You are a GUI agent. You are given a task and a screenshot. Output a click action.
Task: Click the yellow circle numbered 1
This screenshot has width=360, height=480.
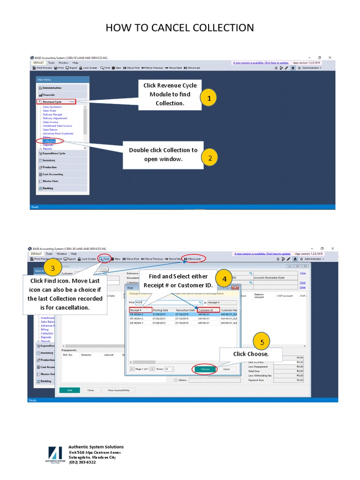tap(209, 97)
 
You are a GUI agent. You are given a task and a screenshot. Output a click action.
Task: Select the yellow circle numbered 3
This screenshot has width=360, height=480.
tap(53, 268)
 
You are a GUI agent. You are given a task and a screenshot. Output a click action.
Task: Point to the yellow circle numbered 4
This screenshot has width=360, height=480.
tap(225, 278)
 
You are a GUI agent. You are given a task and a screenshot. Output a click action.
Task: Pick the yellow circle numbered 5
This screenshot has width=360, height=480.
tap(262, 342)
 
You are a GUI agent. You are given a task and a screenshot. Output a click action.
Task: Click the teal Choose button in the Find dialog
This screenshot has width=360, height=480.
tap(205, 369)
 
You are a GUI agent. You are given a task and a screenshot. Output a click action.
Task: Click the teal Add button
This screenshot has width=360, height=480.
tap(69, 390)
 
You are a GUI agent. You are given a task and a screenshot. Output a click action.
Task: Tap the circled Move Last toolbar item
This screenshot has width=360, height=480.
tap(193, 259)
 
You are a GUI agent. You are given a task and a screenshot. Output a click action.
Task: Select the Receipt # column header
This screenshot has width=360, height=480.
tap(140, 310)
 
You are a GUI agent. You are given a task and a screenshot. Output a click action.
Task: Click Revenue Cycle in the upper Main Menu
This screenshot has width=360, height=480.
tap(52, 102)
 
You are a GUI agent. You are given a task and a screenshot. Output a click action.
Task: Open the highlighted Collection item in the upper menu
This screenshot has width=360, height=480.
tap(49, 141)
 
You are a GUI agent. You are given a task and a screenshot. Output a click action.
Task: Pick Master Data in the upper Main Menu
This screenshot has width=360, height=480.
tap(51, 181)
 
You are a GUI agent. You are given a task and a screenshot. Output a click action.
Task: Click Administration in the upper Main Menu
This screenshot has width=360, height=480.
tap(52, 88)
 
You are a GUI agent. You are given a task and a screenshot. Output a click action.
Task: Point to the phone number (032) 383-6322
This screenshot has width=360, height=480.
tap(82, 462)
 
